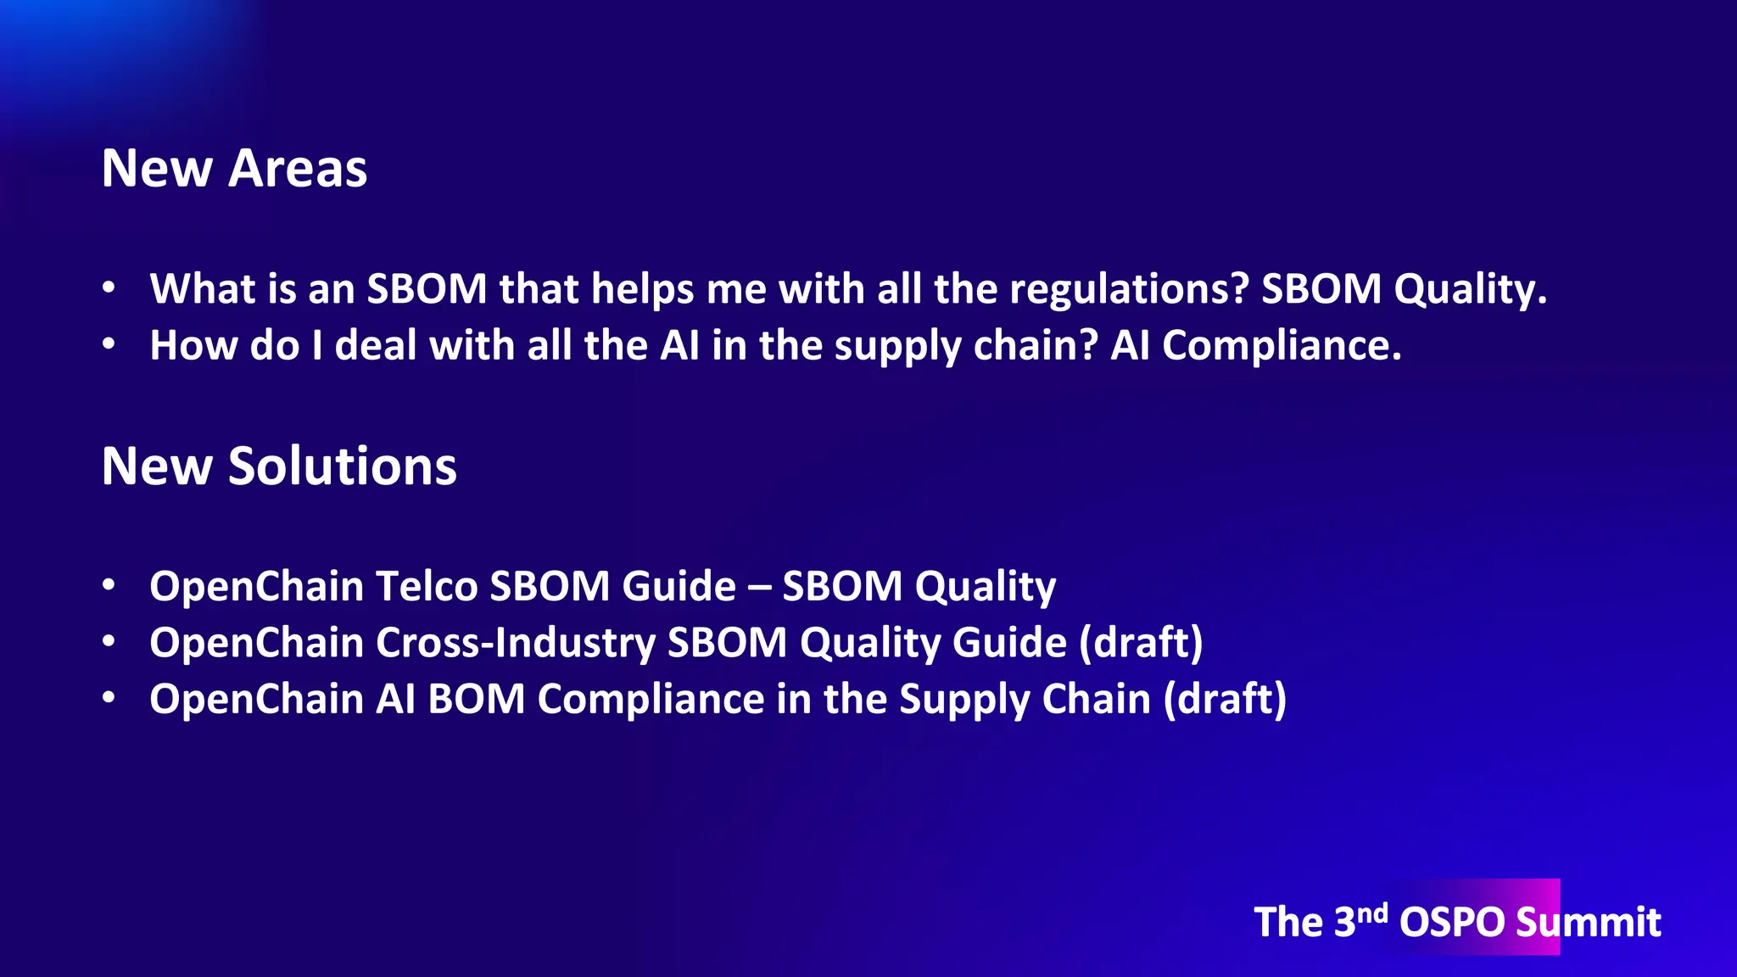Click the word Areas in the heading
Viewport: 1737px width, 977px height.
point(298,168)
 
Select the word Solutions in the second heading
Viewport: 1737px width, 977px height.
point(343,466)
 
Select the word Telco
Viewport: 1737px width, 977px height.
point(427,586)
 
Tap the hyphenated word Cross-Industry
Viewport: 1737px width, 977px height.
point(516,642)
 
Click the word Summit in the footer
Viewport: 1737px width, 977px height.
point(1589,922)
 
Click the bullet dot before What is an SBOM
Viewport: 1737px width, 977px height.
point(109,288)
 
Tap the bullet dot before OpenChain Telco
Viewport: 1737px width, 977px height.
point(109,585)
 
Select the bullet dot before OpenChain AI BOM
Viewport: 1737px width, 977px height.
point(109,698)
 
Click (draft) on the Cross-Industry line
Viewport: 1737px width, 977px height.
point(1141,642)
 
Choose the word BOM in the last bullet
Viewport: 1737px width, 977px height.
point(476,699)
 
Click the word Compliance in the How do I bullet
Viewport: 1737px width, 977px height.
point(1282,345)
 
